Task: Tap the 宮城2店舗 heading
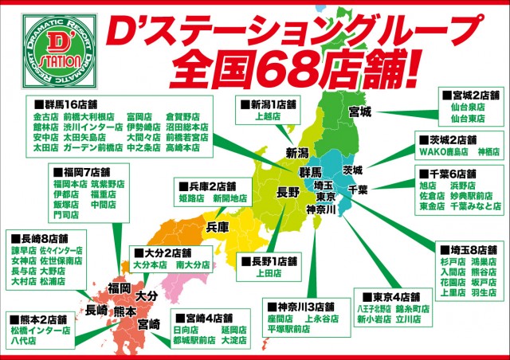[470, 104]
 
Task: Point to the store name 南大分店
[192, 264]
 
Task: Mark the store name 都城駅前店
[194, 342]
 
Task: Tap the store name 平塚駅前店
[289, 329]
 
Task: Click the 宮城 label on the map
[359, 112]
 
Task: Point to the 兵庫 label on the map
[218, 227]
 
